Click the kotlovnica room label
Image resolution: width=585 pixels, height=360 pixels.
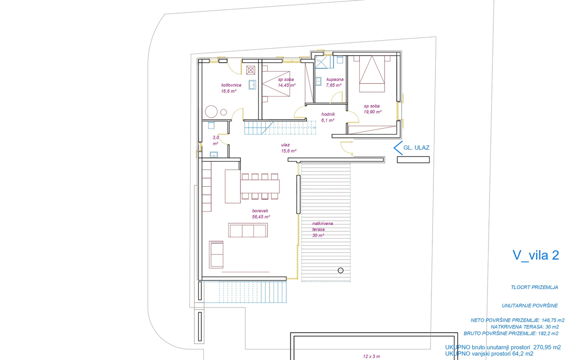[x=231, y=85]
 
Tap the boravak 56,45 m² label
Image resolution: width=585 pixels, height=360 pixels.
[x=261, y=214]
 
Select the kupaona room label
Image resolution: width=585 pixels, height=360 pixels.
[x=335, y=79]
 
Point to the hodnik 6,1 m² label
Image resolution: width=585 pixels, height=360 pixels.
[x=328, y=117]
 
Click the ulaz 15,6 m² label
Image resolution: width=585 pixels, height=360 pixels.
[x=289, y=148]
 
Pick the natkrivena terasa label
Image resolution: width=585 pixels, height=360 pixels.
[x=323, y=227]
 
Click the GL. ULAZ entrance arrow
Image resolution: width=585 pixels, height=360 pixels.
[x=398, y=148]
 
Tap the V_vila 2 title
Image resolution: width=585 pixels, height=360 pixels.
[x=536, y=255]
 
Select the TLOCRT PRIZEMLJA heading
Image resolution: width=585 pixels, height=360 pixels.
[x=534, y=287]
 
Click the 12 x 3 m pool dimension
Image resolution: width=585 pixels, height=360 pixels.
[x=371, y=356]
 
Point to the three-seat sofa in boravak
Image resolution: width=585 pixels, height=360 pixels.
[x=248, y=230]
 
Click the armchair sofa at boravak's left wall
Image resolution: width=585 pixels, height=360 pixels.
[x=216, y=254]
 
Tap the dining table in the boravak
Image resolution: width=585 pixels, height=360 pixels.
[x=260, y=187]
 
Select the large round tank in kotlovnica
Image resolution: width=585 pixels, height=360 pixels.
[x=211, y=112]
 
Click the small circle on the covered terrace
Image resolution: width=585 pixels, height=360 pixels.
[x=341, y=270]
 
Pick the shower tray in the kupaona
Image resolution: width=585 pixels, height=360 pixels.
[x=324, y=62]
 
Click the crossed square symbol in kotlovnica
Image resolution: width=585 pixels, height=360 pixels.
[x=251, y=70]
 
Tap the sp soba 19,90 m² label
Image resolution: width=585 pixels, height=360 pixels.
[x=372, y=109]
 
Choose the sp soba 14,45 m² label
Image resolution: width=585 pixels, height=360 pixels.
[x=287, y=82]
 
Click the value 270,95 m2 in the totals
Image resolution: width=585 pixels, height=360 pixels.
[x=547, y=347]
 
